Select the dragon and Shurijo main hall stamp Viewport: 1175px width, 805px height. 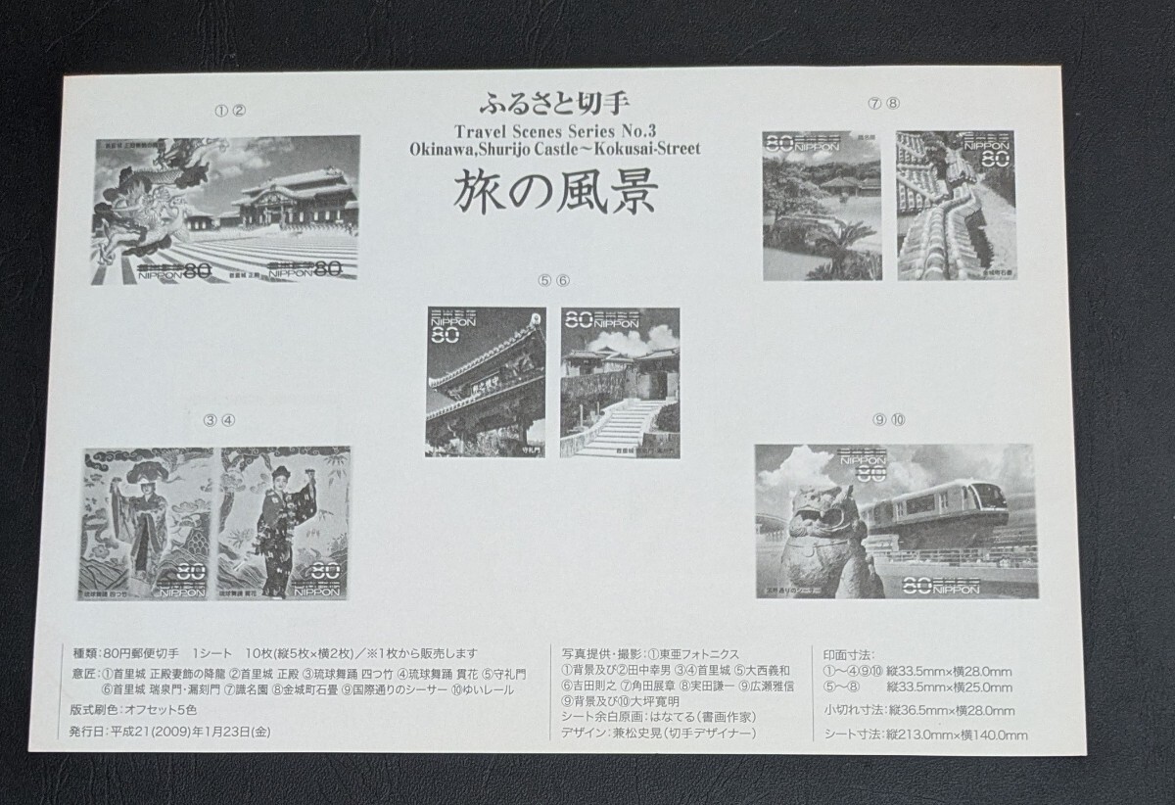227,209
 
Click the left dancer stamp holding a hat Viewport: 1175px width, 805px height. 148,523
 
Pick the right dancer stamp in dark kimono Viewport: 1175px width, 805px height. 280,523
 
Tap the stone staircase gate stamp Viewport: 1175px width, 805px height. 619,381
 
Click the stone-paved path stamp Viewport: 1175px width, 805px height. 956,205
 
